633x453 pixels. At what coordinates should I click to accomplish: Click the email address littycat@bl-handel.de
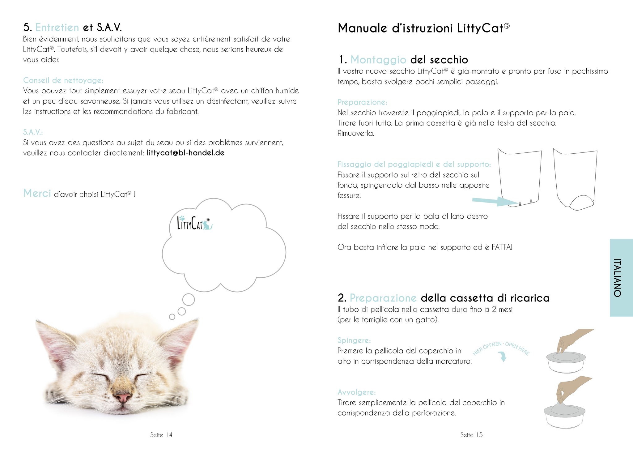[x=185, y=153]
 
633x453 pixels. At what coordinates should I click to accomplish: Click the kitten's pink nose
[x=123, y=397]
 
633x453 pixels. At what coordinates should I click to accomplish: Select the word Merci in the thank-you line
[x=37, y=193]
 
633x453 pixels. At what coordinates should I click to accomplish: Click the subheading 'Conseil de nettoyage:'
[x=63, y=80]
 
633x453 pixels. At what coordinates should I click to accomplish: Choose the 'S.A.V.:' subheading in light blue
[x=33, y=132]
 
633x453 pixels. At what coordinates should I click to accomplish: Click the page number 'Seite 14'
[x=161, y=435]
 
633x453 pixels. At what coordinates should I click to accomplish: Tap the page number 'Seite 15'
[x=471, y=435]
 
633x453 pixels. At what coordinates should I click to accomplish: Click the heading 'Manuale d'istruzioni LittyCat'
[x=423, y=28]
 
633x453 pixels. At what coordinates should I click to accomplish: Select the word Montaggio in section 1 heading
[x=378, y=60]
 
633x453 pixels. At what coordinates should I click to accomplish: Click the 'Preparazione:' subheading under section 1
[x=362, y=102]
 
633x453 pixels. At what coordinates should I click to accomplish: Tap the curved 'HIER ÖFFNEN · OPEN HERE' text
[x=501, y=348]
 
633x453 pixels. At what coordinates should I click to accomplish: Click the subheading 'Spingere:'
[x=354, y=340]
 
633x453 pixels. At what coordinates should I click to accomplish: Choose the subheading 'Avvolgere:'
[x=356, y=392]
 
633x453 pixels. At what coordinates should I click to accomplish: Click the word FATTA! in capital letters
[x=502, y=247]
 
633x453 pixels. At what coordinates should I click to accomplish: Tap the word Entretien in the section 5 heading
[x=57, y=28]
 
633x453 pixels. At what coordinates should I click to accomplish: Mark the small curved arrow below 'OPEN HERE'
[x=503, y=357]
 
